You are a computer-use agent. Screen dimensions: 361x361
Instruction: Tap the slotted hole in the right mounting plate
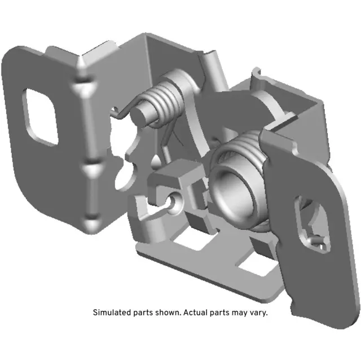307,221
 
